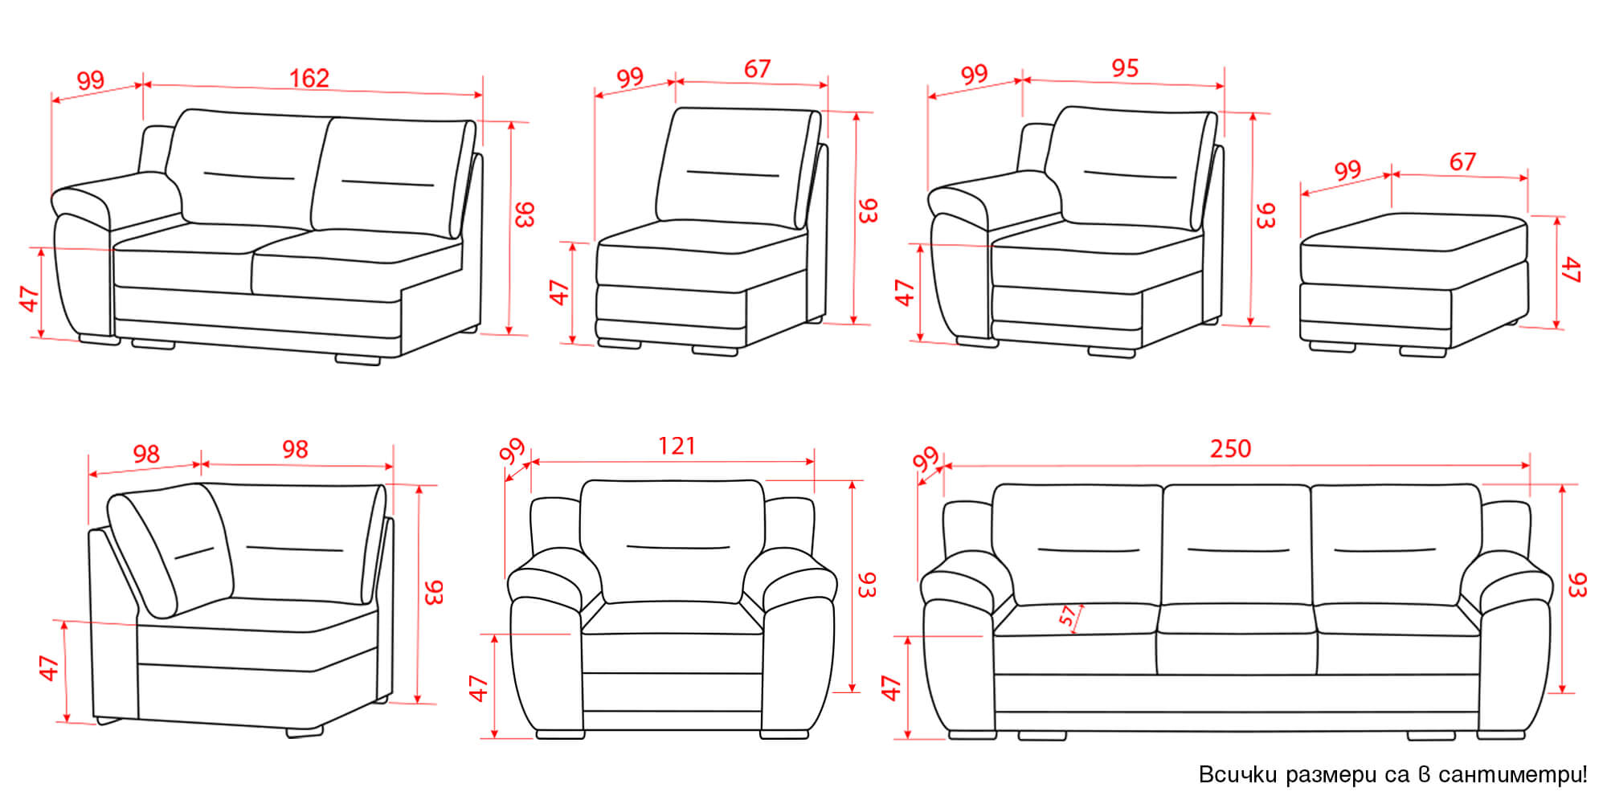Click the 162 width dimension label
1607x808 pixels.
(309, 78)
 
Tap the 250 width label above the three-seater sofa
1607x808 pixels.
(1230, 448)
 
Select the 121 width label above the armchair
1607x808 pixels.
(677, 446)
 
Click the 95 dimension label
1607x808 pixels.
(1125, 68)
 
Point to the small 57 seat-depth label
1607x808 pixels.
(1067, 615)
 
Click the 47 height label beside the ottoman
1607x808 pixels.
(1571, 270)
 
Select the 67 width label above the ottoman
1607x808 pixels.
(1462, 161)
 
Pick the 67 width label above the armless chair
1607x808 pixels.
(757, 69)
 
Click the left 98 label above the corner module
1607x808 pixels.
(146, 455)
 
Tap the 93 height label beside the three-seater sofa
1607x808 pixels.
(1576, 585)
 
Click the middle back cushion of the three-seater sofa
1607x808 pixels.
(1237, 545)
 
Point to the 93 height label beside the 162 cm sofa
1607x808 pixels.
(523, 214)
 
